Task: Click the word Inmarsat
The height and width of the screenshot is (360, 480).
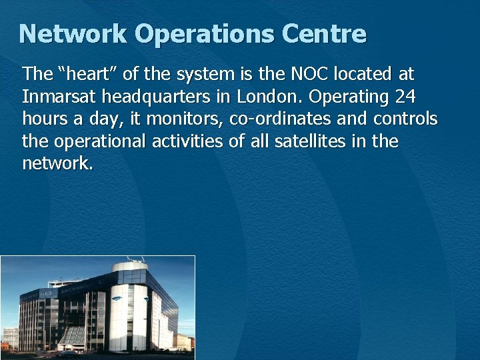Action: point(59,97)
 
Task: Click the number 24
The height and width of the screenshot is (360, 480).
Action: point(405,97)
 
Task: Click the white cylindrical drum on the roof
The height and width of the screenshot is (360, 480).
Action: point(131,268)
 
